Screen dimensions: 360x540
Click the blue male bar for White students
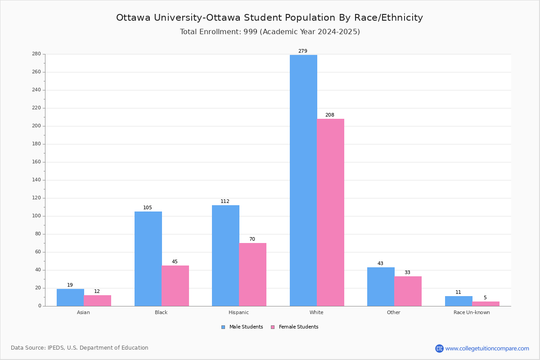point(303,180)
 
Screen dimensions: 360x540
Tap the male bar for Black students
point(148,259)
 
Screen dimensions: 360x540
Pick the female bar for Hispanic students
point(252,274)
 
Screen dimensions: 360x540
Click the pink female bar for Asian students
point(97,301)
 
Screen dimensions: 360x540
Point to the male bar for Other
point(381,287)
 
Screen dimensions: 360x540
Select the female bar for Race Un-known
point(486,304)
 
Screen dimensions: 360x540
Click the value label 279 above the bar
point(303,51)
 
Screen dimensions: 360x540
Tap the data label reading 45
point(175,262)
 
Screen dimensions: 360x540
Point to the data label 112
point(225,202)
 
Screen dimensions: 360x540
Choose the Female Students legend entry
point(295,327)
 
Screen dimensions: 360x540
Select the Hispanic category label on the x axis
point(238,312)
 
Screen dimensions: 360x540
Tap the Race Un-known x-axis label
point(472,312)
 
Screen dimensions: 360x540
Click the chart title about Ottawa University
point(270,18)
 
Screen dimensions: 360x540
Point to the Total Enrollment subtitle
point(270,32)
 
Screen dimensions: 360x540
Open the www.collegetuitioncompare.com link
point(487,348)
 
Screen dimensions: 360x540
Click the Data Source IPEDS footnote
point(80,348)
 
